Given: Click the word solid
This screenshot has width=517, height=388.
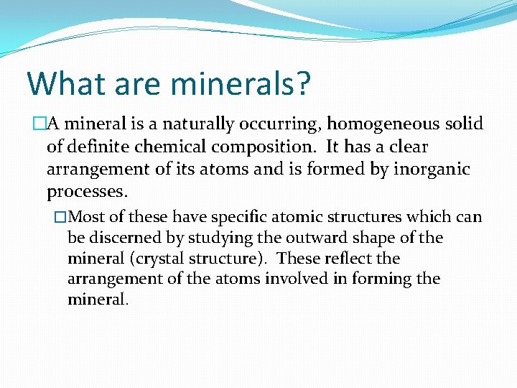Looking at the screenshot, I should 464,124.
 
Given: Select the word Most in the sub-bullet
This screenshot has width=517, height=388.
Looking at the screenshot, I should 88,217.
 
